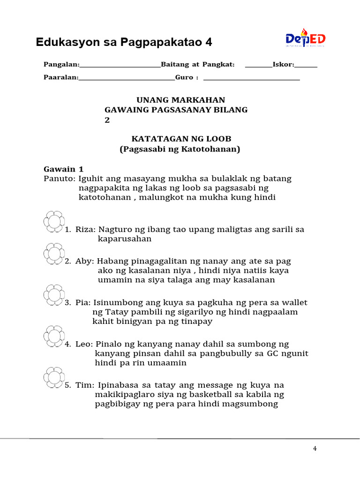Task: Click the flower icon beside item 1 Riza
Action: coord(53,222)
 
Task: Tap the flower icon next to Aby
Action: coord(53,254)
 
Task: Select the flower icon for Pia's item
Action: coord(53,295)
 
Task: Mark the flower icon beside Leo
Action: coord(53,336)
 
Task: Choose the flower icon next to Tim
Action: coord(53,377)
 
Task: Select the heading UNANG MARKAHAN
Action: coord(180,100)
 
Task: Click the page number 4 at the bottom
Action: coord(315,449)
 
